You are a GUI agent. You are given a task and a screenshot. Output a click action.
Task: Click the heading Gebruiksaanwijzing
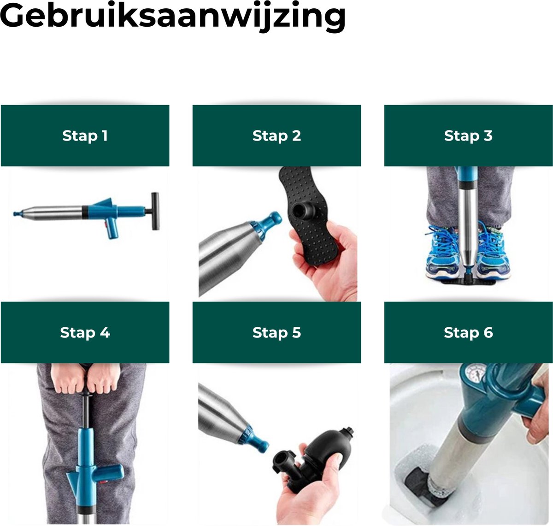coord(173,17)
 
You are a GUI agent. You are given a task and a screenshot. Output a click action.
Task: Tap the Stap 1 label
coord(85,136)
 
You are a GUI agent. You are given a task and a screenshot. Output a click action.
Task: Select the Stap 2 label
coord(276,136)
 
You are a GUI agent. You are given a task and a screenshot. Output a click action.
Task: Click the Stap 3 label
coord(468,136)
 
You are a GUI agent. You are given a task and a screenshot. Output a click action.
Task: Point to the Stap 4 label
coord(85,332)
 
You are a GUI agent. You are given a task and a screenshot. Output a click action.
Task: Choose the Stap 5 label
coord(276,332)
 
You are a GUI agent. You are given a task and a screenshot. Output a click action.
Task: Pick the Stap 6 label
coord(468,332)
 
